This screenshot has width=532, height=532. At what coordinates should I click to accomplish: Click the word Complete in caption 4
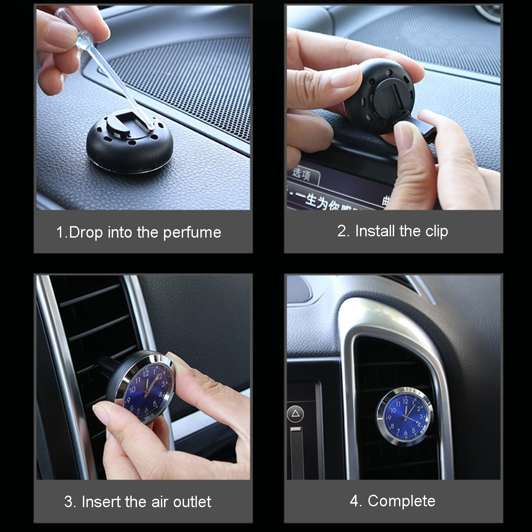click(x=401, y=501)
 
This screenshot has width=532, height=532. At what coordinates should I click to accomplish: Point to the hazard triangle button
click(x=295, y=414)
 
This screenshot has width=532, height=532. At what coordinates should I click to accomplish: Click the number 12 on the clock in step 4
click(x=405, y=402)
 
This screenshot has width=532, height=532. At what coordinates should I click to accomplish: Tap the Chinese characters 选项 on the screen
click(x=301, y=174)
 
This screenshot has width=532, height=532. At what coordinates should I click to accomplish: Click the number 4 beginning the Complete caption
click(x=354, y=501)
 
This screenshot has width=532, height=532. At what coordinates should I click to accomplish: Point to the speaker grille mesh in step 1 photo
click(x=186, y=75)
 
